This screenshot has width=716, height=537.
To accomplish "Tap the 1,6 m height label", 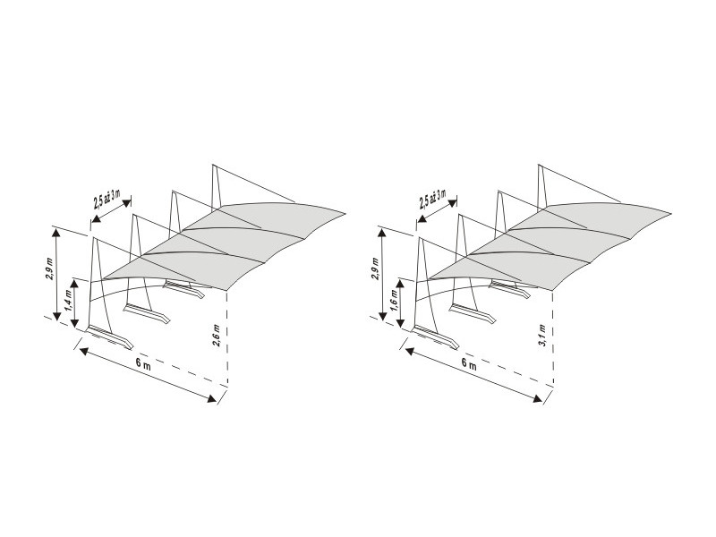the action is pyautogui.click(x=395, y=299).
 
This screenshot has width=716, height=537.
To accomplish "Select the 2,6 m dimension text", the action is pyautogui.click(x=217, y=336).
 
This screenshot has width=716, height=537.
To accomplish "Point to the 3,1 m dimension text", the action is pyautogui.click(x=543, y=336).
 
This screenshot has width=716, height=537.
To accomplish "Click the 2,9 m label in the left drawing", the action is pyautogui.click(x=50, y=270).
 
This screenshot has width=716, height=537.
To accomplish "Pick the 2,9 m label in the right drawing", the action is pyautogui.click(x=376, y=270).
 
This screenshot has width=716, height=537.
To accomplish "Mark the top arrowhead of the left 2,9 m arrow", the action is pyautogui.click(x=56, y=234).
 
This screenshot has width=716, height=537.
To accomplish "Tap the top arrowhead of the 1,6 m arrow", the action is pyautogui.click(x=400, y=284).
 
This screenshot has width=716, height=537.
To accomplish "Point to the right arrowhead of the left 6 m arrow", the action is pyautogui.click(x=212, y=399).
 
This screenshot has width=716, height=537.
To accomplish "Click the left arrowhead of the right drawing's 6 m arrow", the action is pyautogui.click(x=410, y=351).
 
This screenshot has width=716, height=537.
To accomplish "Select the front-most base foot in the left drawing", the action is pyautogui.click(x=110, y=337).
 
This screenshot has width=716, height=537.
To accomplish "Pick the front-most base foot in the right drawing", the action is pyautogui.click(x=436, y=337).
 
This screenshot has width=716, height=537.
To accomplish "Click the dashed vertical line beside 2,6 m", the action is pyautogui.click(x=227, y=338).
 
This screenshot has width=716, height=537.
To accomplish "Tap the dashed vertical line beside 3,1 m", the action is pyautogui.click(x=553, y=338).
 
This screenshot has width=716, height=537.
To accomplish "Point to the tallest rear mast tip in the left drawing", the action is pyautogui.click(x=212, y=164).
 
